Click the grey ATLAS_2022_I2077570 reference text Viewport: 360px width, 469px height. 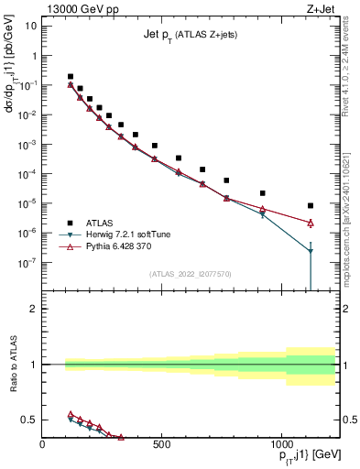point(191,273)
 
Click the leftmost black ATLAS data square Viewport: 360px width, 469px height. point(71,77)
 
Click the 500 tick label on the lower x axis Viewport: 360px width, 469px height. point(161,443)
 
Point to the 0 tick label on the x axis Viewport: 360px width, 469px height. point(43,443)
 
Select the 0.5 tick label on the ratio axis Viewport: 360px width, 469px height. point(29,420)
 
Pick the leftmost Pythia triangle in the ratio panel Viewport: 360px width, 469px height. point(71,415)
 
